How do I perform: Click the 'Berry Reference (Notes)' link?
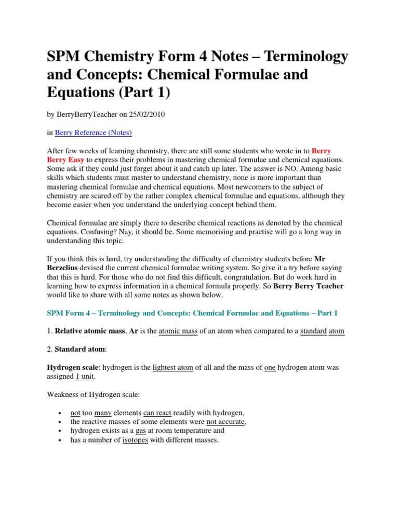tap(93, 132)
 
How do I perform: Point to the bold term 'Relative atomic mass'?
tap(90, 331)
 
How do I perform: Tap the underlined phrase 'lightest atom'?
tap(173, 367)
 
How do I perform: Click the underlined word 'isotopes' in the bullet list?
tap(135, 440)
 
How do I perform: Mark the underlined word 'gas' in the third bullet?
tap(140, 431)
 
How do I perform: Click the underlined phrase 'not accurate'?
tap(225, 422)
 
